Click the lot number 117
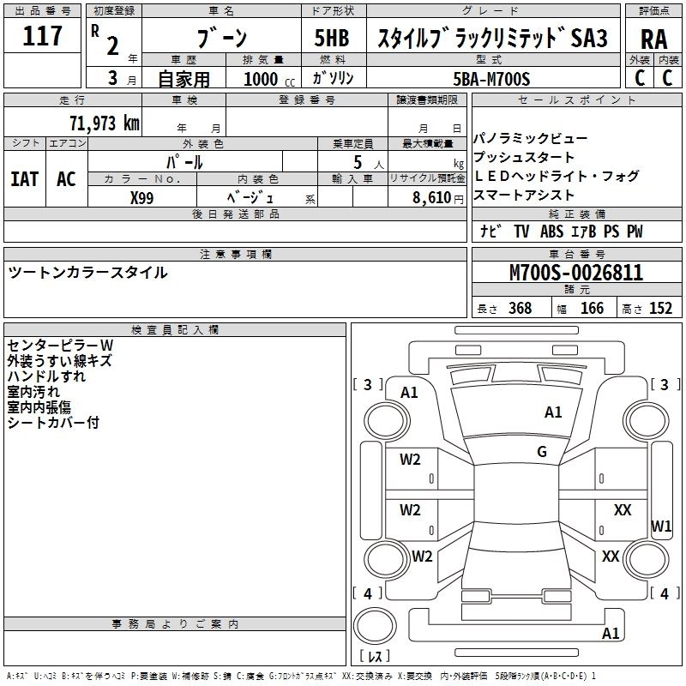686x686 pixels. coord(44,37)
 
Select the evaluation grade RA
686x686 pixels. coord(653,39)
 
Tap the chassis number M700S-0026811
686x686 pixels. coord(575,273)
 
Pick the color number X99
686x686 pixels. coord(142,196)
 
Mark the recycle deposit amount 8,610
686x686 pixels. coord(431,196)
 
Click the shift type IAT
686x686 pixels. coord(24,178)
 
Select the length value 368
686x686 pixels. coord(520,309)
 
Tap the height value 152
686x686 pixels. coord(660,309)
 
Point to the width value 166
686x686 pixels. coord(592,309)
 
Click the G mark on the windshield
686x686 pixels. coord(542,451)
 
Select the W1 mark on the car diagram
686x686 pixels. coord(661,525)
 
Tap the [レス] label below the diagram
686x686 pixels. coord(375,657)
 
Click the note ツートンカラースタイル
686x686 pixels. coord(87,273)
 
